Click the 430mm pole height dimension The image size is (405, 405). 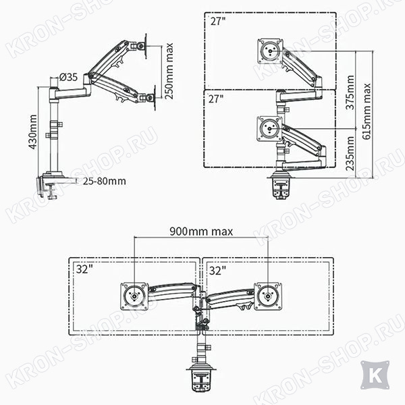click(33, 132)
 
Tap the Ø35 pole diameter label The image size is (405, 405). click(68, 77)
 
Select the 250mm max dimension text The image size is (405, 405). click(169, 71)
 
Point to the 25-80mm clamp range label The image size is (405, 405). click(105, 181)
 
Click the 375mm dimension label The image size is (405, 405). click(350, 92)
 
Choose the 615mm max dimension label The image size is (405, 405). click(367, 111)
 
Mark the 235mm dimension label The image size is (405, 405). click(350, 153)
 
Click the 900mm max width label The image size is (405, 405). click(201, 231)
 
